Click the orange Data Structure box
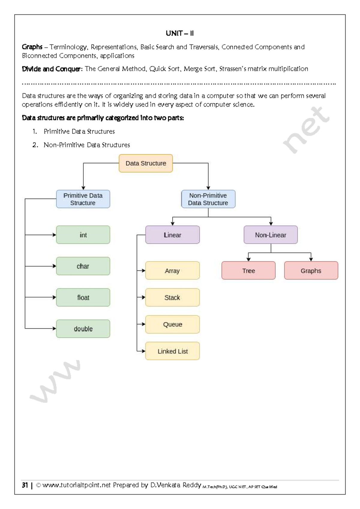tap(146, 163)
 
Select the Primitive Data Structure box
tap(83, 199)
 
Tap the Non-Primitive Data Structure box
tap(208, 199)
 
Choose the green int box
tap(83, 235)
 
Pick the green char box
tap(83, 266)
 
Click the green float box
tap(83, 297)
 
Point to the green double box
tap(83, 329)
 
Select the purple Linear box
tap(172, 235)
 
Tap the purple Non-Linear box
tap(271, 235)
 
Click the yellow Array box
tap(172, 270)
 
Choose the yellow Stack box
tap(172, 297)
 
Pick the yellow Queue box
tap(172, 324)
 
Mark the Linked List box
tap(172, 351)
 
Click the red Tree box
tap(248, 270)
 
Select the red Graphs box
tap(311, 270)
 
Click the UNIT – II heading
tap(180, 33)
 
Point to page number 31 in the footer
tap(25, 485)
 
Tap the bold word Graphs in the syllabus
tap(32, 47)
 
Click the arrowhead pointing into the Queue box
tap(143, 324)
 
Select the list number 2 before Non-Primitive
tap(35, 145)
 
